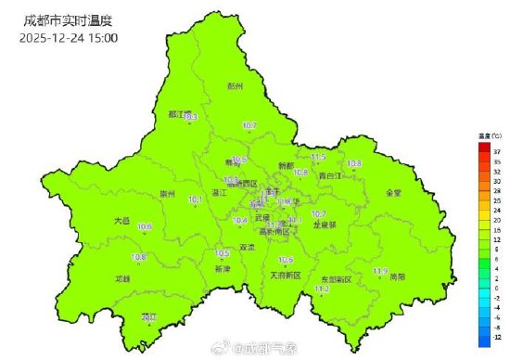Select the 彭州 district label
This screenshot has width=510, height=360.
click(x=235, y=85)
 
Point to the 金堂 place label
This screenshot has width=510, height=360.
click(x=393, y=193)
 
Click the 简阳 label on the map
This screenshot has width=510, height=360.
click(x=396, y=276)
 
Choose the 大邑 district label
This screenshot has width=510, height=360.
click(x=122, y=221)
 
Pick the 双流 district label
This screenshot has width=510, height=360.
click(x=247, y=248)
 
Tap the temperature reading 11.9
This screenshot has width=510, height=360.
click(x=379, y=271)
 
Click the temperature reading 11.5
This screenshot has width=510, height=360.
click(x=318, y=157)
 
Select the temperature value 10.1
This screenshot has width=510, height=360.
click(x=196, y=199)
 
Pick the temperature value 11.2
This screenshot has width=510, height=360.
click(x=322, y=289)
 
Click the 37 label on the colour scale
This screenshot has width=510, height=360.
click(x=497, y=150)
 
